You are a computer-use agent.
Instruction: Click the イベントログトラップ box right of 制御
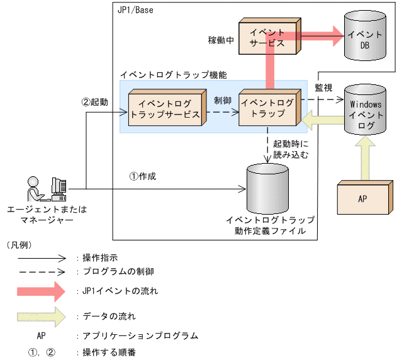[x=267, y=108]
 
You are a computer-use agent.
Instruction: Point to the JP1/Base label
[x=135, y=10]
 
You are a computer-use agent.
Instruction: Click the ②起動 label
[x=95, y=101]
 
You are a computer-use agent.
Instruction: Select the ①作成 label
[x=142, y=176]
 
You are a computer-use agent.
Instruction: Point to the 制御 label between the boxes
[x=222, y=100]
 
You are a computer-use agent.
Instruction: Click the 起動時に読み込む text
[x=291, y=149]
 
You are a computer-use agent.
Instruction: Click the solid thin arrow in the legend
[x=41, y=257]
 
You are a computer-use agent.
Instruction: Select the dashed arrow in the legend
[x=41, y=272]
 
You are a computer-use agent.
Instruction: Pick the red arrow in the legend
[x=41, y=291]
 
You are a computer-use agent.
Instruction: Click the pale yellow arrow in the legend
[x=41, y=315]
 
